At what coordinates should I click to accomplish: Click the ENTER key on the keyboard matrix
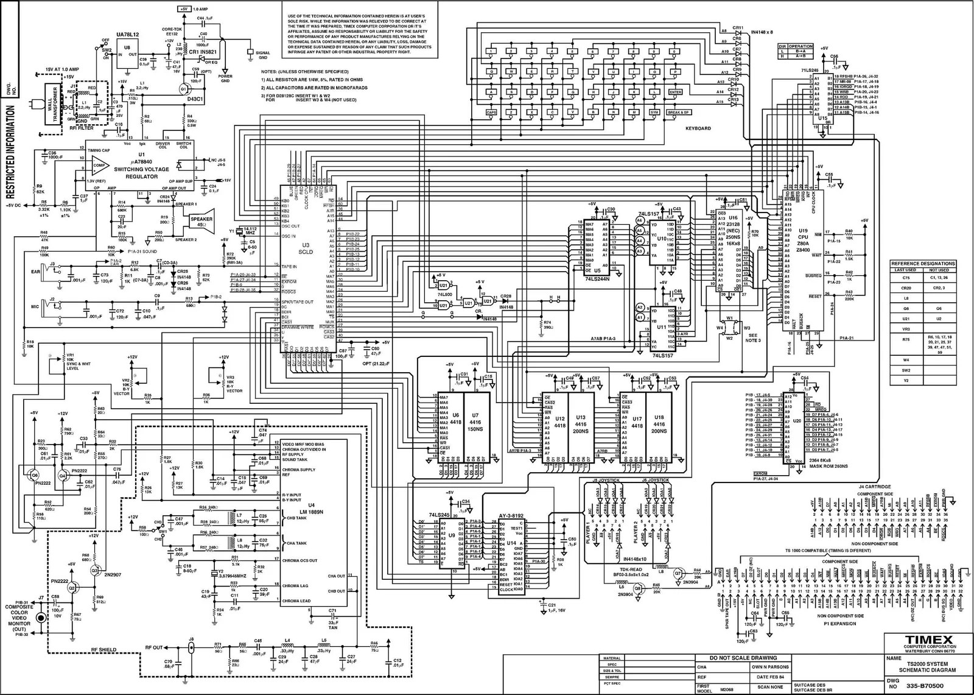[675, 92]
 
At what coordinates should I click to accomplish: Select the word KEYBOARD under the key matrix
[698, 129]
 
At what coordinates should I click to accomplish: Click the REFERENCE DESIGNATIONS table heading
[923, 264]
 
